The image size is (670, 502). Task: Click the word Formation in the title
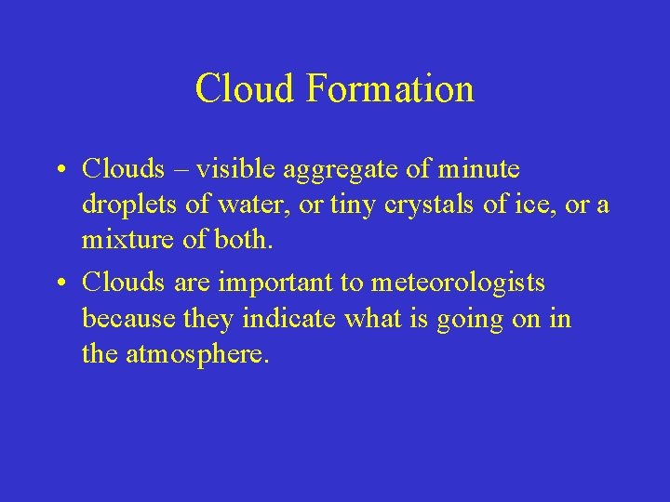pos(390,89)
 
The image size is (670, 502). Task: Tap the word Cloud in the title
pos(245,89)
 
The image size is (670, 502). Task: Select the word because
pos(123,319)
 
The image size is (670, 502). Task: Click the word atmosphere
pos(195,354)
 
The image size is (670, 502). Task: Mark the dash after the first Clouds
pos(181,171)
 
